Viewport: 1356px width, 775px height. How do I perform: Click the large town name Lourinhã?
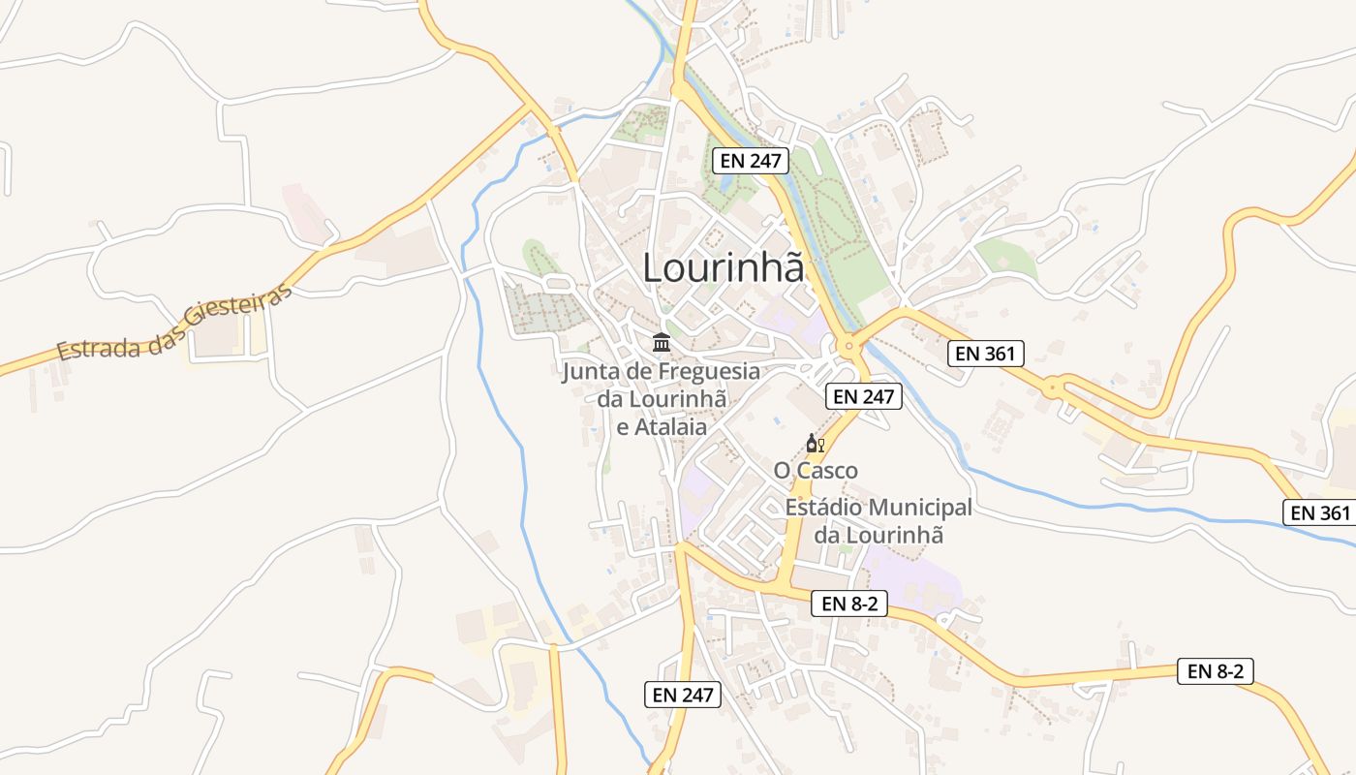point(724,267)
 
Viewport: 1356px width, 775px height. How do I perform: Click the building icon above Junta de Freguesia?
point(662,342)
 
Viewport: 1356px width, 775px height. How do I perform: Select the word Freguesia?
point(709,371)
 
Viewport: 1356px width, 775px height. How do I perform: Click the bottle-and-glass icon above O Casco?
point(815,444)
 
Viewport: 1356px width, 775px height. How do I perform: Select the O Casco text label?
point(816,471)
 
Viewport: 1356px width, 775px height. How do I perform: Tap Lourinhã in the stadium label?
point(894,534)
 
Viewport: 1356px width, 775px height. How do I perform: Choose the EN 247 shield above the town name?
point(751,161)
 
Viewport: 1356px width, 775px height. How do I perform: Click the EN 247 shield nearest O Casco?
point(864,395)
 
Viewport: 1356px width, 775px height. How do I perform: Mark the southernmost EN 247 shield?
point(683,694)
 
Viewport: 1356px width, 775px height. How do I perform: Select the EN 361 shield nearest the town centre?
point(985,354)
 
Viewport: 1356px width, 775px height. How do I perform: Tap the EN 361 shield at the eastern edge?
point(1319,512)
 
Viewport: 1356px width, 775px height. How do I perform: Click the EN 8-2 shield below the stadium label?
point(849,604)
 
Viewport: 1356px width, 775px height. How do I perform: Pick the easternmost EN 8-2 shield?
point(1215,671)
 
